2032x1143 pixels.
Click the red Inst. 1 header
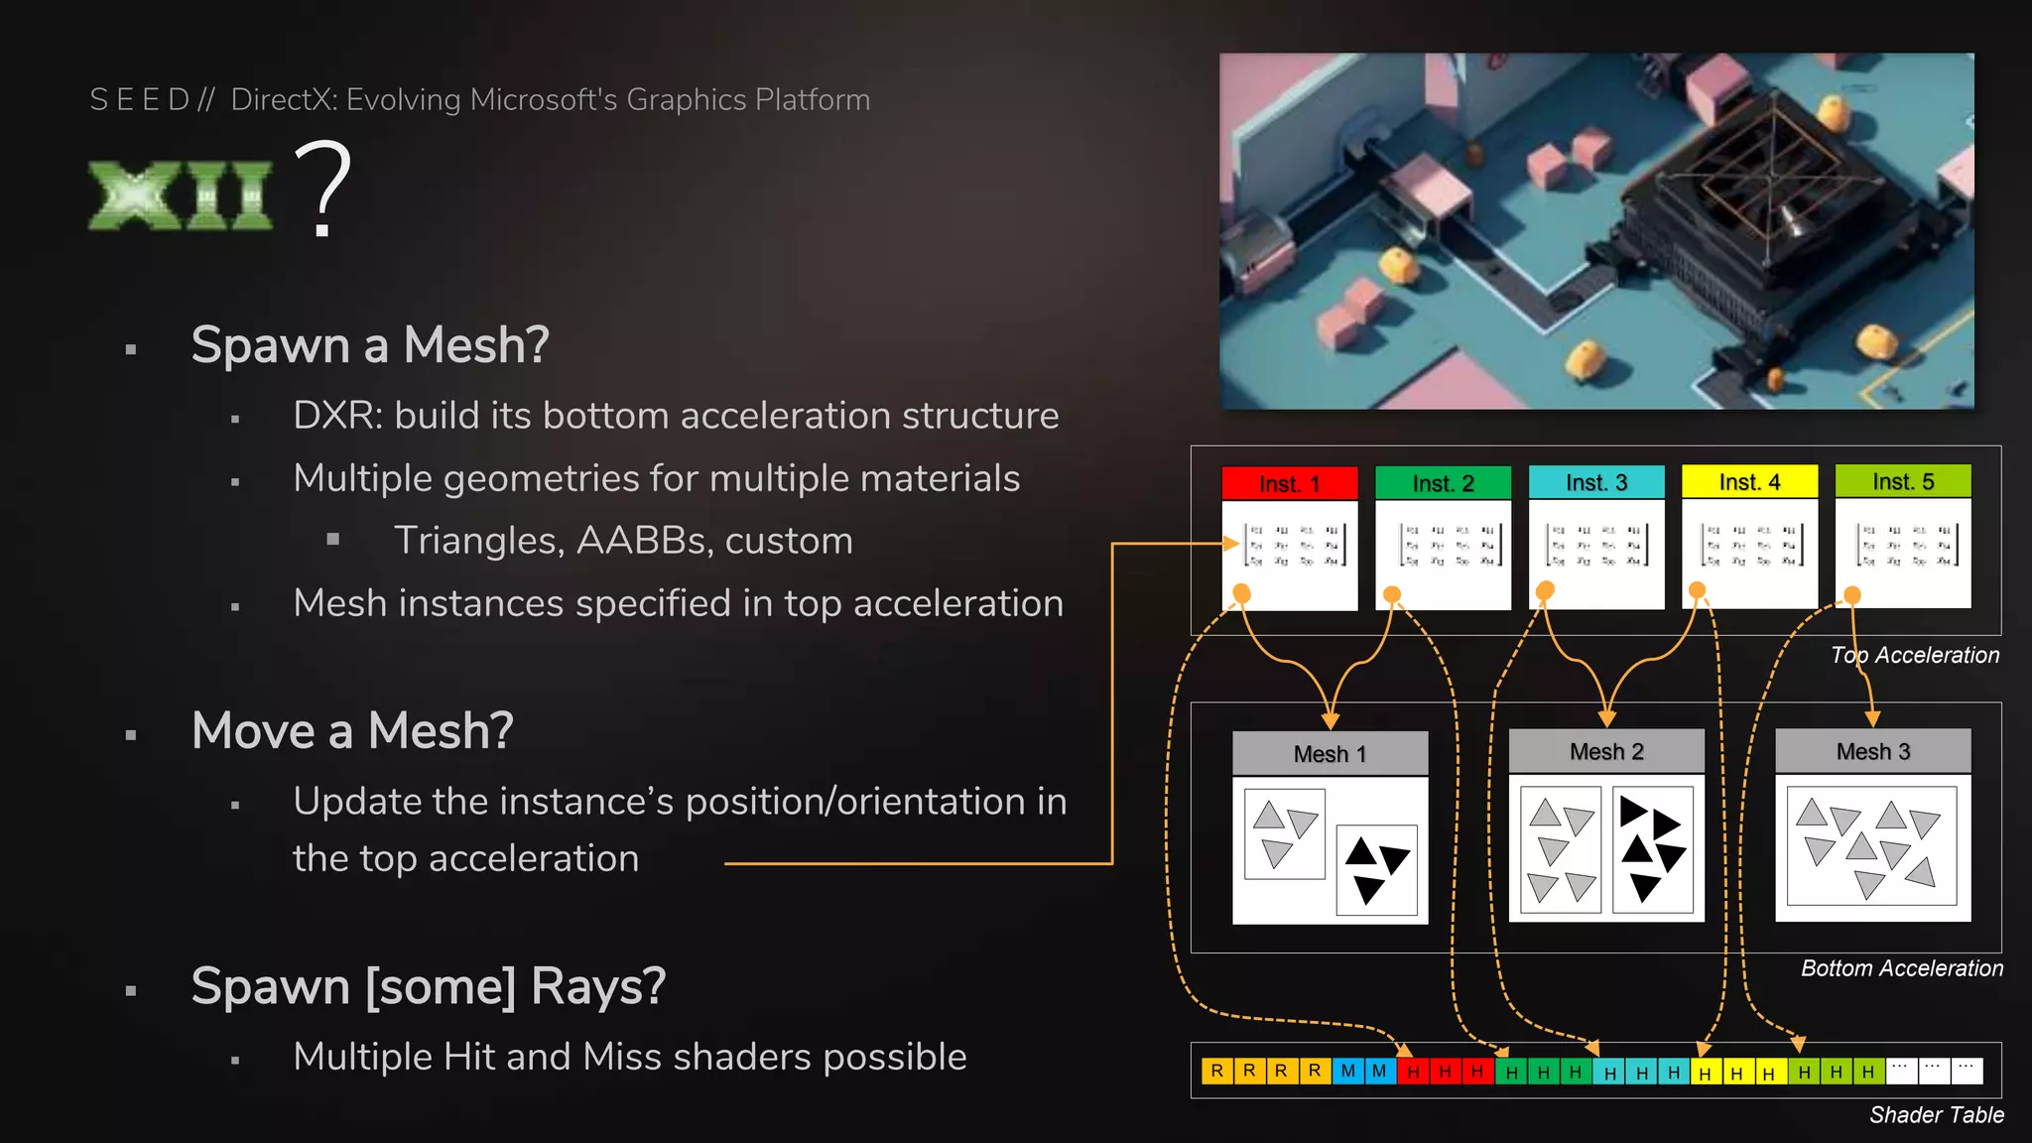pyautogui.click(x=1289, y=483)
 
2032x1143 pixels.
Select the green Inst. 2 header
pyautogui.click(x=1443, y=483)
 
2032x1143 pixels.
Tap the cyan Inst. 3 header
pyautogui.click(x=1595, y=482)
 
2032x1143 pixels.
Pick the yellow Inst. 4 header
pyautogui.click(x=1749, y=482)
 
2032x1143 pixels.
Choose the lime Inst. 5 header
pyautogui.click(x=1902, y=481)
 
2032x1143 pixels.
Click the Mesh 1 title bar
pyautogui.click(x=1330, y=754)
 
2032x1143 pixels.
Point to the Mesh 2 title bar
pyautogui.click(x=1605, y=752)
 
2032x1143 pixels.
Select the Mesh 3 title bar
pyautogui.click(x=1872, y=752)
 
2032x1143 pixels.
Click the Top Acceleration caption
pyautogui.click(x=1914, y=656)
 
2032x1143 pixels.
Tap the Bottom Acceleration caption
pyautogui.click(x=1901, y=968)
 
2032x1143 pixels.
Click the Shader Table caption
pyautogui.click(x=1936, y=1115)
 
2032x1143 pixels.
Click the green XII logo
pyautogui.click(x=180, y=195)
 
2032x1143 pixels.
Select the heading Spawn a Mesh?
pyautogui.click(x=369, y=345)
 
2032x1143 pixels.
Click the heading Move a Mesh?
pyautogui.click(x=352, y=731)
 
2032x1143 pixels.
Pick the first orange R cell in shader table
pyautogui.click(x=1216, y=1071)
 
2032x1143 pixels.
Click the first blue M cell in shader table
pyautogui.click(x=1347, y=1071)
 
